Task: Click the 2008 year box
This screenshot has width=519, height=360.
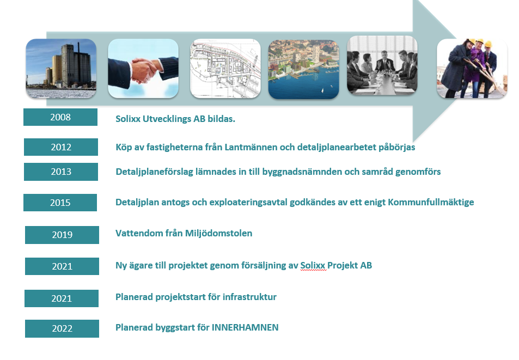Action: pyautogui.click(x=60, y=117)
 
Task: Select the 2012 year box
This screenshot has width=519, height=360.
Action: pyautogui.click(x=61, y=147)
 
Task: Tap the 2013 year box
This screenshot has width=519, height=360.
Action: pyautogui.click(x=61, y=172)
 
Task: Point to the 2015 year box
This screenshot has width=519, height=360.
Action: pyautogui.click(x=60, y=203)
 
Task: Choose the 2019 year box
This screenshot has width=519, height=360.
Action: pyautogui.click(x=62, y=235)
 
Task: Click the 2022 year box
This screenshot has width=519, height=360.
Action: pyautogui.click(x=62, y=328)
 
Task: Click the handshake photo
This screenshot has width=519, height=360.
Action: pyautogui.click(x=143, y=69)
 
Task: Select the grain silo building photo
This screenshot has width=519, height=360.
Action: pyautogui.click(x=61, y=69)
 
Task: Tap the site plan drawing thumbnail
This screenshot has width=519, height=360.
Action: pyautogui.click(x=225, y=69)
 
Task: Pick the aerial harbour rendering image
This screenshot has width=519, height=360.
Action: pyautogui.click(x=303, y=70)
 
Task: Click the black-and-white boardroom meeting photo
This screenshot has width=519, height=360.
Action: pyautogui.click(x=382, y=65)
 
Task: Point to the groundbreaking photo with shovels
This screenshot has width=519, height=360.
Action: pyautogui.click(x=472, y=69)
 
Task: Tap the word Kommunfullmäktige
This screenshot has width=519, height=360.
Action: pyautogui.click(x=431, y=202)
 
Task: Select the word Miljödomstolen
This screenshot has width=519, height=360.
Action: pyautogui.click(x=218, y=233)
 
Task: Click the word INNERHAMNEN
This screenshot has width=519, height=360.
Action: pyautogui.click(x=245, y=327)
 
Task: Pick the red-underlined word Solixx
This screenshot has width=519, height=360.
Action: pyautogui.click(x=313, y=265)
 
